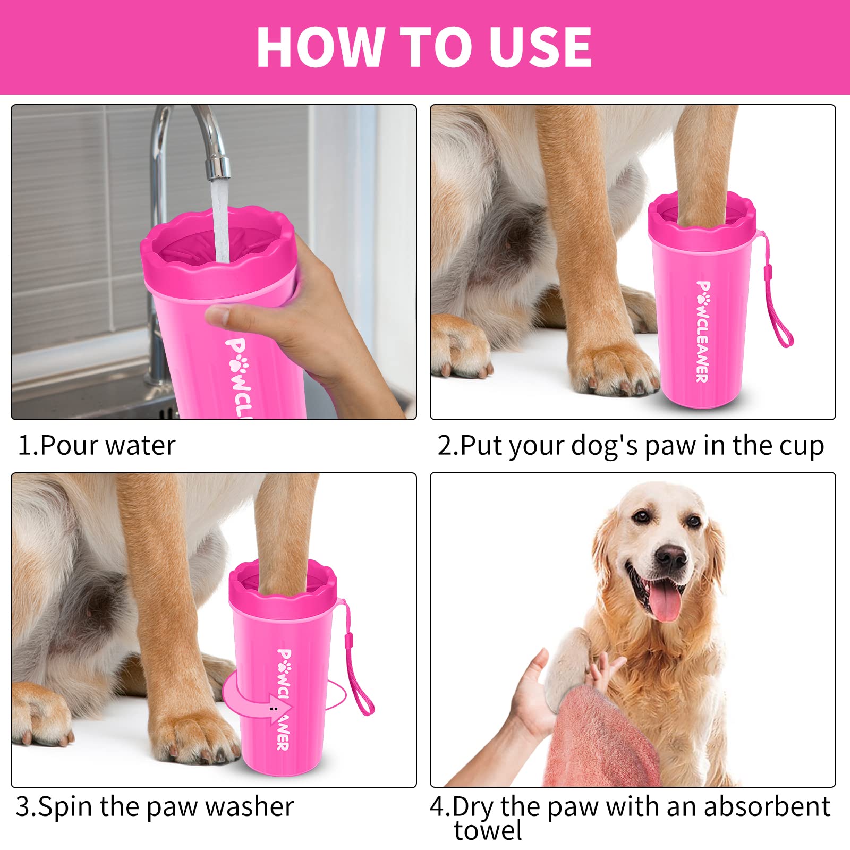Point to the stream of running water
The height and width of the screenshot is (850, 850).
(x=220, y=223)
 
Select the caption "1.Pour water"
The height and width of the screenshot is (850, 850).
(x=96, y=445)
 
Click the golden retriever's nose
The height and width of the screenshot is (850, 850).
(x=670, y=556)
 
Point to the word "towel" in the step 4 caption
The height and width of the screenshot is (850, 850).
(x=488, y=831)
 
